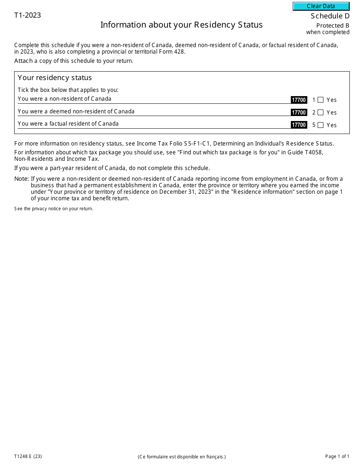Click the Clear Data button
tap(321, 6)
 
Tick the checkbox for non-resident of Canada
tap(321, 100)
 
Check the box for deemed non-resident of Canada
tap(321, 113)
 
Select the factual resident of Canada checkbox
tap(321, 125)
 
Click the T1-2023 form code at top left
tap(28, 15)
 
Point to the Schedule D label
tap(330, 16)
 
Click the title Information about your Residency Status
tap(181, 25)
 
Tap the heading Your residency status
tap(55, 78)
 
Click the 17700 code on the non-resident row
tap(299, 100)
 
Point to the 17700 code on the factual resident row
tap(299, 125)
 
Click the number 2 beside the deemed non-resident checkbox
tap(314, 113)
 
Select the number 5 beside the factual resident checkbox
tap(314, 125)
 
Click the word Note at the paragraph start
tap(21, 179)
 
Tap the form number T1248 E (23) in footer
tap(28, 456)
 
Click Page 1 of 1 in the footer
tap(337, 456)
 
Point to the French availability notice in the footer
tap(182, 456)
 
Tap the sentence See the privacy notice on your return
tap(54, 209)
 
